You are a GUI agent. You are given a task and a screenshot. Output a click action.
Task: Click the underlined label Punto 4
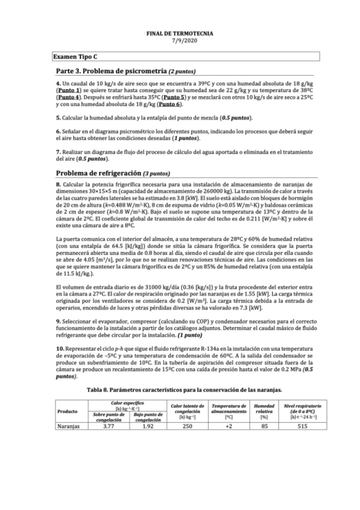[68, 97]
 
